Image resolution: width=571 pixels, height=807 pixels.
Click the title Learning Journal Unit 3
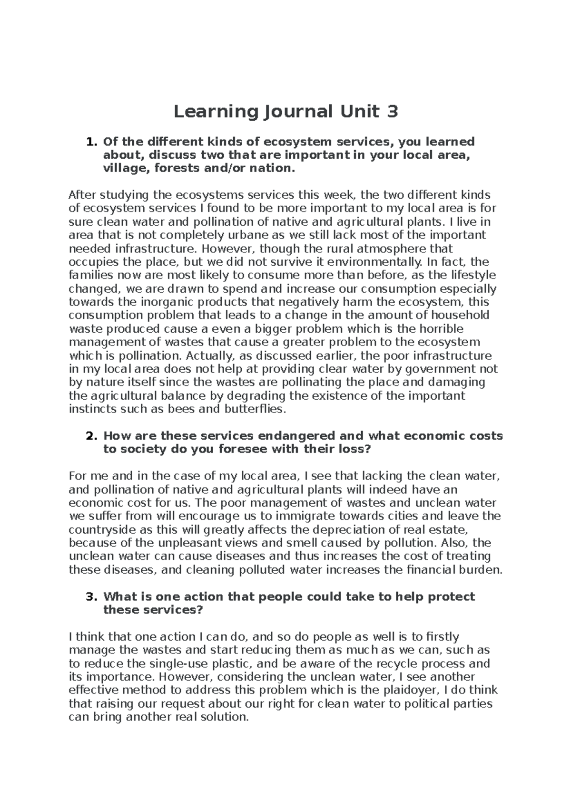(x=285, y=112)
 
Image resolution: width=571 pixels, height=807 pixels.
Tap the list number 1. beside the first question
(x=90, y=142)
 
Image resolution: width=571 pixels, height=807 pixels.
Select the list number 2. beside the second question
(x=90, y=436)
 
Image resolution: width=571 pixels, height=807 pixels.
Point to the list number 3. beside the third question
(x=90, y=596)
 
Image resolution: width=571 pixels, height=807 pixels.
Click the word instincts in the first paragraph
(x=91, y=409)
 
